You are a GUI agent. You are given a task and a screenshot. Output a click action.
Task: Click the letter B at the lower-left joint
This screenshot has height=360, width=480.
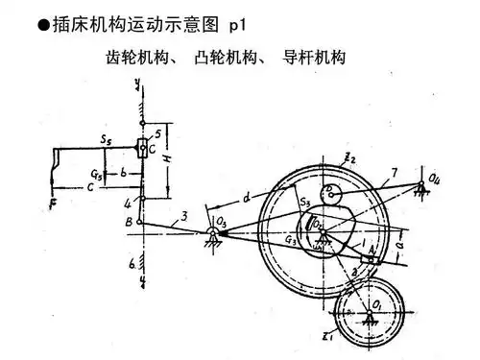129,223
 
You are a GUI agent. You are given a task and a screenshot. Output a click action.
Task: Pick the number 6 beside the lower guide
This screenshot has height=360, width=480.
134,260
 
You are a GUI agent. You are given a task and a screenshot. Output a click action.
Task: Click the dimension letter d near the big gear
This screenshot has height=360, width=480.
248,199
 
